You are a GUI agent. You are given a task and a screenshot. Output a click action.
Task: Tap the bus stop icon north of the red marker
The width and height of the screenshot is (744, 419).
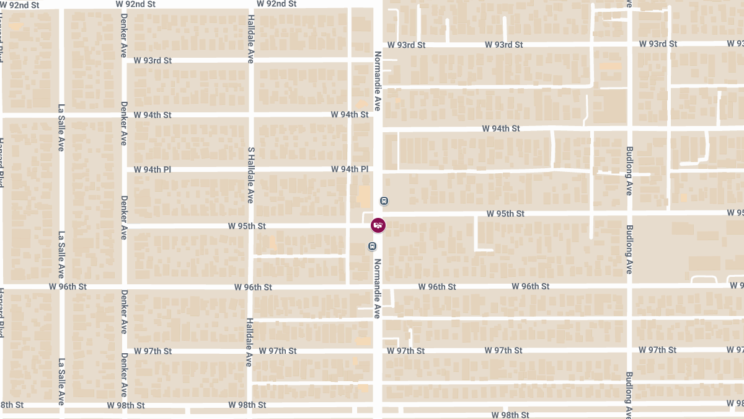pyautogui.click(x=384, y=200)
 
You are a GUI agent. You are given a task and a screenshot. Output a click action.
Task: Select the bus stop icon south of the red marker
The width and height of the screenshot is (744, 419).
pyautogui.click(x=372, y=246)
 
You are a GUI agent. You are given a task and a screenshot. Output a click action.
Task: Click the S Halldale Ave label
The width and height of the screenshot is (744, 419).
pyautogui.click(x=251, y=175)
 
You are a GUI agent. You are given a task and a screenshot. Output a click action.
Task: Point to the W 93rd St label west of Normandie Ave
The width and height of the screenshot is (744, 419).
pyautogui.click(x=153, y=61)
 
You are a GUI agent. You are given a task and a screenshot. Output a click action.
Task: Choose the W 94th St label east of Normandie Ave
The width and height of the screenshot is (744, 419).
pyautogui.click(x=501, y=128)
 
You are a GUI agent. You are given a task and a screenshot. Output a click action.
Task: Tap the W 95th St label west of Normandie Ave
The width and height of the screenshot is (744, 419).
pyautogui.click(x=247, y=227)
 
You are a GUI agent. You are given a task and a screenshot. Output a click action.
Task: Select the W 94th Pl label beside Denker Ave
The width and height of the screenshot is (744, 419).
pyautogui.click(x=153, y=169)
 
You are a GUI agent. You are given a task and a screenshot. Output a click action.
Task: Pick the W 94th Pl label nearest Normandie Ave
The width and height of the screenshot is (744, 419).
pyautogui.click(x=350, y=169)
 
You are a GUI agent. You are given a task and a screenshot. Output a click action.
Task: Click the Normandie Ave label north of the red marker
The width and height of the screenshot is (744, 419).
pyautogui.click(x=376, y=81)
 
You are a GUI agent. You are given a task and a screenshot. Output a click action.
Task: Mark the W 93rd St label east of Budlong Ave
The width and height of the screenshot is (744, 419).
pyautogui.click(x=657, y=44)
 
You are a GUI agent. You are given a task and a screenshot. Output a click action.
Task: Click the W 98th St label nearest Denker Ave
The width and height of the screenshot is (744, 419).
pyautogui.click(x=126, y=405)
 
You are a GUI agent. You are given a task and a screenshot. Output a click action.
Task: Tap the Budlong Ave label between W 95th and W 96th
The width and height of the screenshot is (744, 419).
pyautogui.click(x=629, y=250)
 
